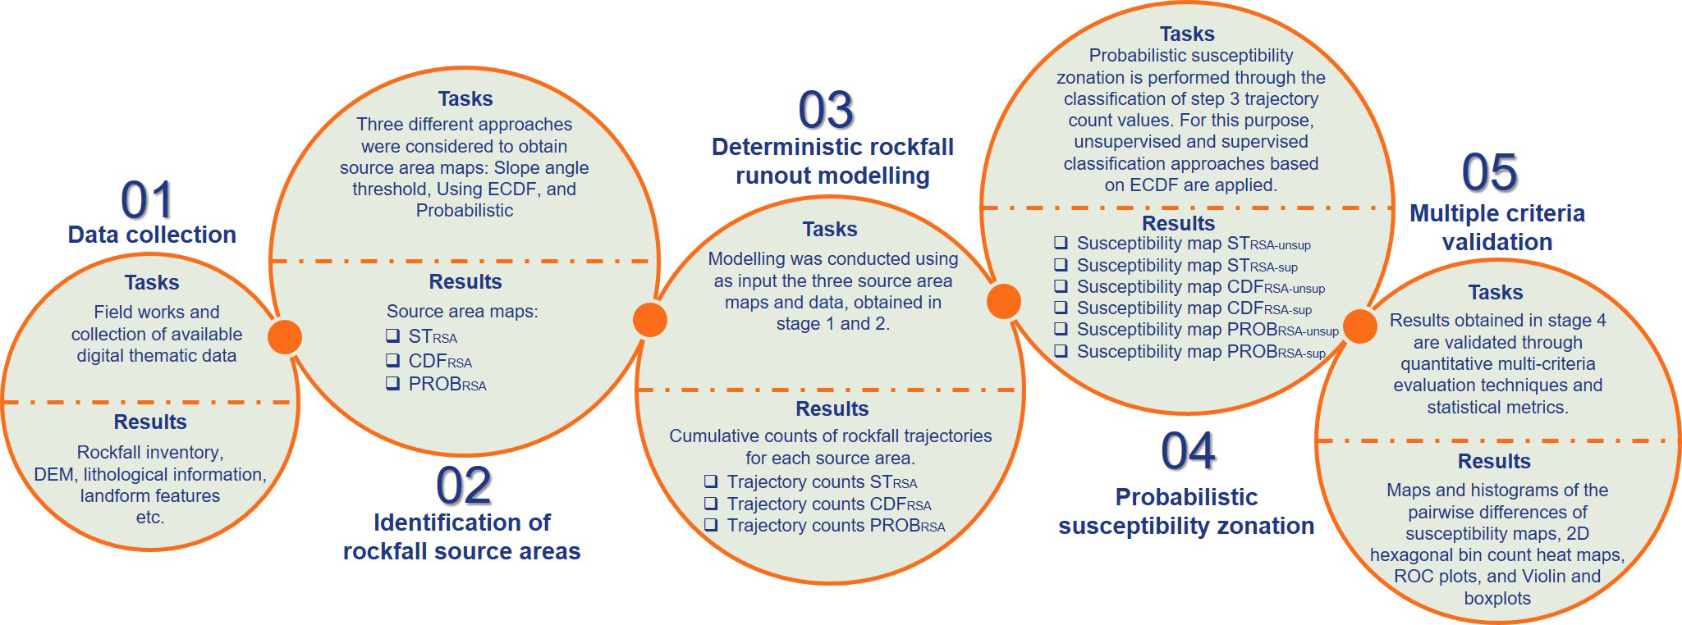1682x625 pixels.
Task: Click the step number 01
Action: tap(147, 200)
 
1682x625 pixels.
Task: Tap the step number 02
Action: tap(464, 486)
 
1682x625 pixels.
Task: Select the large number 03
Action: tap(826, 110)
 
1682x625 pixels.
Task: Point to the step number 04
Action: tap(1188, 451)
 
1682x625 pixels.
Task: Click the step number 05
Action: tap(1489, 172)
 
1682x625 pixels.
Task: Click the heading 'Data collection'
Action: tap(152, 235)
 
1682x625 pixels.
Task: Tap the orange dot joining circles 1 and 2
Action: tap(285, 336)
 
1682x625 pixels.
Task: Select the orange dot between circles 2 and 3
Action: tap(649, 320)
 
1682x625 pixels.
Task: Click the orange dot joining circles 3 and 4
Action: tap(1003, 301)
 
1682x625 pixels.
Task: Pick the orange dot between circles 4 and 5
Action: tap(1359, 326)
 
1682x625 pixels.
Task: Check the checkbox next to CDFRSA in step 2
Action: tap(393, 360)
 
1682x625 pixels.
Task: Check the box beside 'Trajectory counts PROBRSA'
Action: tap(711, 525)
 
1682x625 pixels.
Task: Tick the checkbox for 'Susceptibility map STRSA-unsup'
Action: tap(1061, 243)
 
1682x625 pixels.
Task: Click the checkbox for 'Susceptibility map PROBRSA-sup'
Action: tap(1061, 351)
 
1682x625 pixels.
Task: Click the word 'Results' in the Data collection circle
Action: tap(150, 422)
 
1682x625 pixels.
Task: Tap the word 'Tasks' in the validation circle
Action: tap(1495, 292)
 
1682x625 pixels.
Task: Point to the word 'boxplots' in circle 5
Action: tap(1496, 598)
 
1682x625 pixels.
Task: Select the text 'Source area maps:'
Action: tap(462, 312)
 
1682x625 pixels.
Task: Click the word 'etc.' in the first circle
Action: tap(150, 517)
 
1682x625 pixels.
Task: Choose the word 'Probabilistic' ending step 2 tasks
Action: tap(465, 211)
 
